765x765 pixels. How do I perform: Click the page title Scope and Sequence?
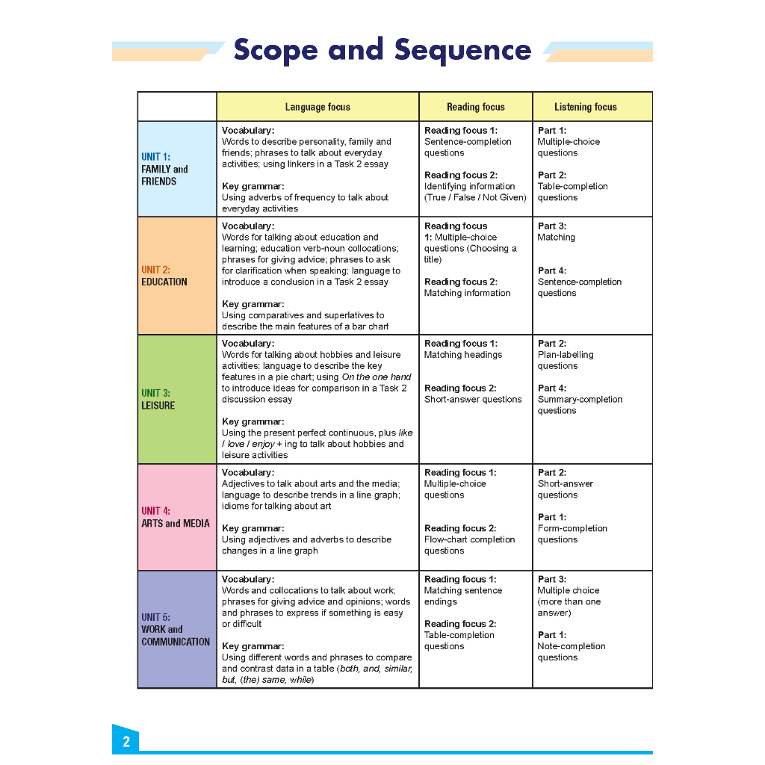tap(382, 50)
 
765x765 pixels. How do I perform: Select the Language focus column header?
tap(318, 107)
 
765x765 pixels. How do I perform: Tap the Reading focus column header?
tap(476, 107)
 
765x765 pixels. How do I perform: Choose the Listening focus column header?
tap(586, 107)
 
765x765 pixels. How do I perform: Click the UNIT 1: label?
tap(155, 157)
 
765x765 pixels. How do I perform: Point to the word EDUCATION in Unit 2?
tap(164, 282)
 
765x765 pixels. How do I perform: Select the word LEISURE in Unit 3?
tap(158, 406)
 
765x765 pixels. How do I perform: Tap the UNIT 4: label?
tap(155, 511)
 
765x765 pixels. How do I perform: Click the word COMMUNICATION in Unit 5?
tap(176, 642)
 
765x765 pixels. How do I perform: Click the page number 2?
tap(126, 742)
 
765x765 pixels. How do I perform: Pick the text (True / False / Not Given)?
tap(475, 197)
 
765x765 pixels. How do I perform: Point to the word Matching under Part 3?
tap(556, 238)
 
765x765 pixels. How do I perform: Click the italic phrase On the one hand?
tap(377, 377)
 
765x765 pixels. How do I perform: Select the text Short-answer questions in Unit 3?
tap(473, 400)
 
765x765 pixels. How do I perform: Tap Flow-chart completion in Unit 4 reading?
tap(469, 539)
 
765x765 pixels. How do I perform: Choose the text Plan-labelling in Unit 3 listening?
tap(566, 355)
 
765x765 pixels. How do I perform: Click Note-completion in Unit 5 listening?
tap(572, 646)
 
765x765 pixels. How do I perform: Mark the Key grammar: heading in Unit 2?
tap(253, 304)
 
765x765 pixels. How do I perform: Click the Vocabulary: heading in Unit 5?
tap(248, 579)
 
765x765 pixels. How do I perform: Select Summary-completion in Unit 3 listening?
tap(580, 400)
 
